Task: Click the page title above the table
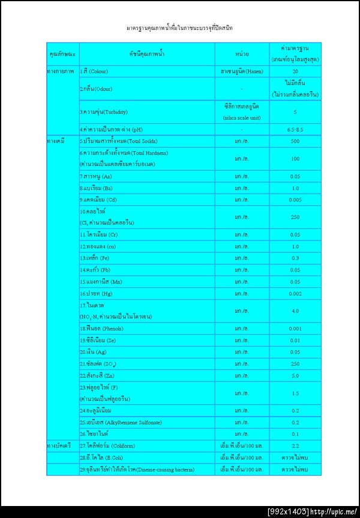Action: (x=180, y=28)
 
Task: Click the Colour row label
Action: (x=98, y=71)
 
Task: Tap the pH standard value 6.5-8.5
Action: (x=295, y=129)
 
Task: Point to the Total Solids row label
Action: (x=118, y=141)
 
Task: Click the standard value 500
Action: (x=295, y=141)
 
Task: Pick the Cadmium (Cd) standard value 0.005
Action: (x=295, y=200)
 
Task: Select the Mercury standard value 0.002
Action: (x=295, y=294)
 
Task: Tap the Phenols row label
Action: (x=101, y=329)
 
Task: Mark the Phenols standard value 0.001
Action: (x=295, y=329)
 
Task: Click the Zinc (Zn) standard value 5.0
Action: (x=295, y=375)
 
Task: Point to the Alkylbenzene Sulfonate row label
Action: (x=121, y=422)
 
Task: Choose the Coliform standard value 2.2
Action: (x=295, y=446)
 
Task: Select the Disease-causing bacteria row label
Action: (x=137, y=469)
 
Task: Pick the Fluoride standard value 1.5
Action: (x=295, y=393)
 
